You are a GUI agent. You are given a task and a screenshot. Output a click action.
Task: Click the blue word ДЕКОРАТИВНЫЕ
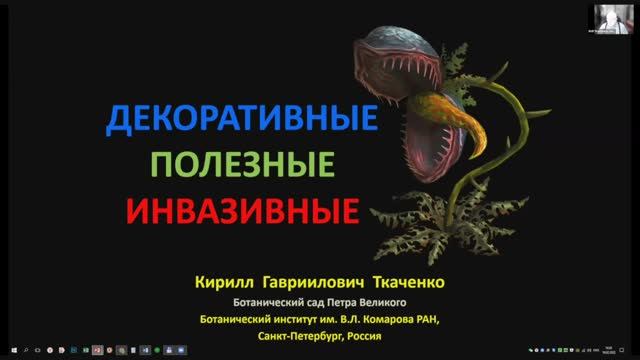(x=241, y=121)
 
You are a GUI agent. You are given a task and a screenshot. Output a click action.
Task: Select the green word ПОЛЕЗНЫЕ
(x=241, y=163)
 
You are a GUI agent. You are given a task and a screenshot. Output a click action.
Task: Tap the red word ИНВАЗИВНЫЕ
(x=241, y=209)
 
